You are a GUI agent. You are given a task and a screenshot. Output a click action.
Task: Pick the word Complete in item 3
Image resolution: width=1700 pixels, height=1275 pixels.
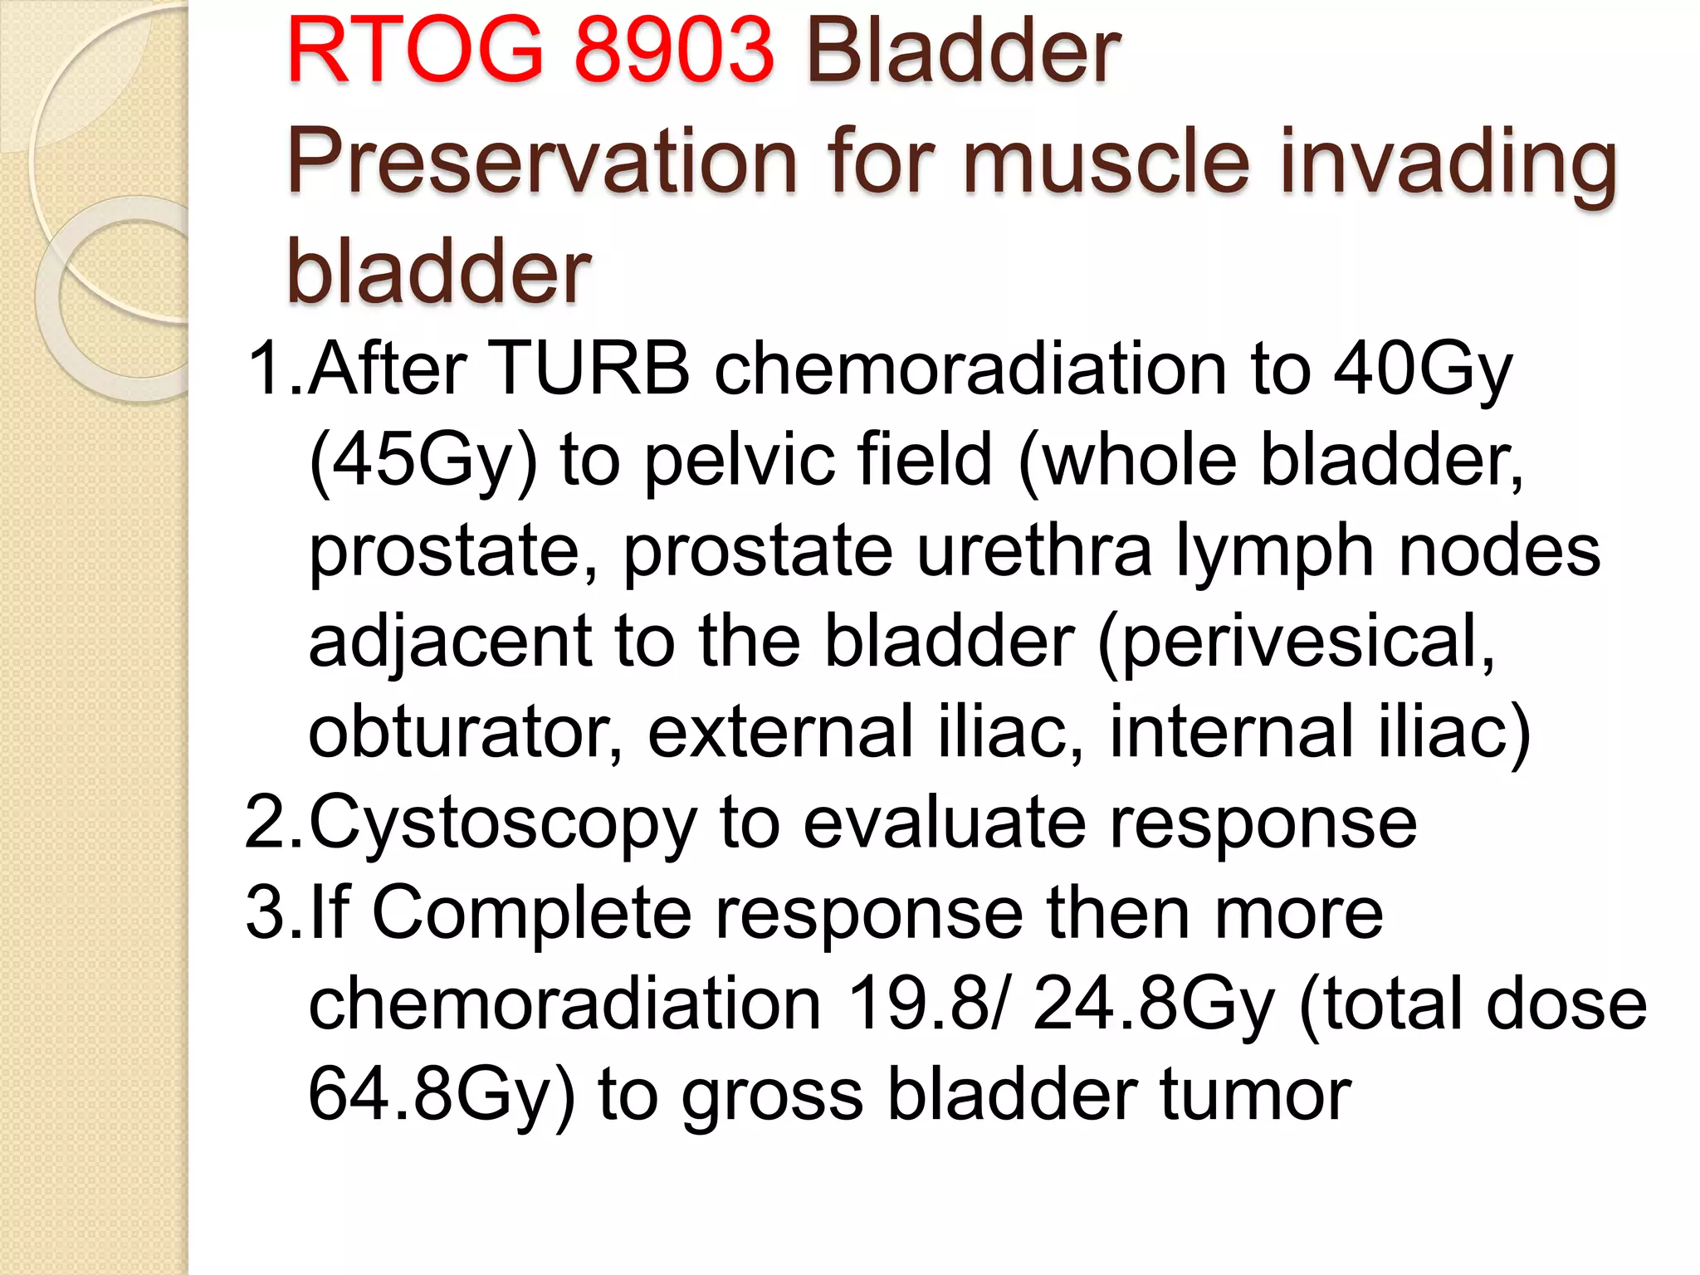click(x=532, y=913)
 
